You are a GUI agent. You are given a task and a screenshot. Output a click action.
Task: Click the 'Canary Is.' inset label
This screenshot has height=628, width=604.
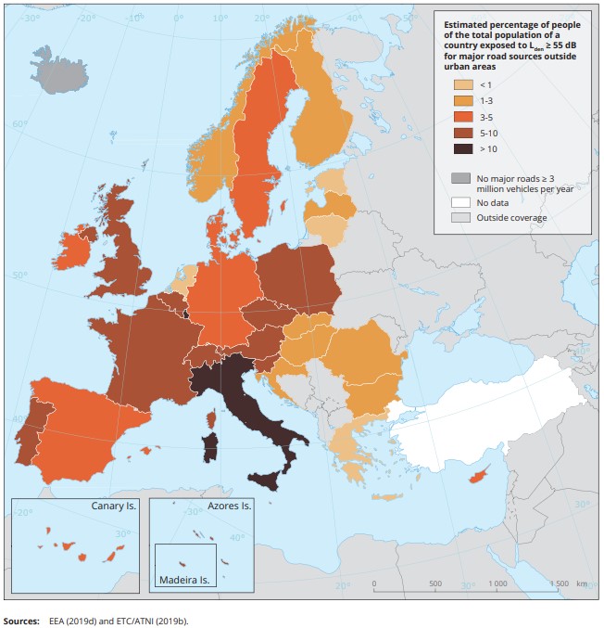pyautogui.click(x=114, y=506)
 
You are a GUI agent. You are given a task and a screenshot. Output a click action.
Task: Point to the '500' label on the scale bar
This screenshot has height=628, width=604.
pyautogui.click(x=434, y=584)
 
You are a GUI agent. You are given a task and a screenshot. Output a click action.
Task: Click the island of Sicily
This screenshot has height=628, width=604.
pyautogui.click(x=270, y=480)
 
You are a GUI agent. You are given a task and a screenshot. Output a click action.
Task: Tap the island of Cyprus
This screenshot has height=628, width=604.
pyautogui.click(x=479, y=476)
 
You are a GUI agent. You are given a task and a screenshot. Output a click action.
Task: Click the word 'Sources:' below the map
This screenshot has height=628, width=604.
pyautogui.click(x=22, y=620)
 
